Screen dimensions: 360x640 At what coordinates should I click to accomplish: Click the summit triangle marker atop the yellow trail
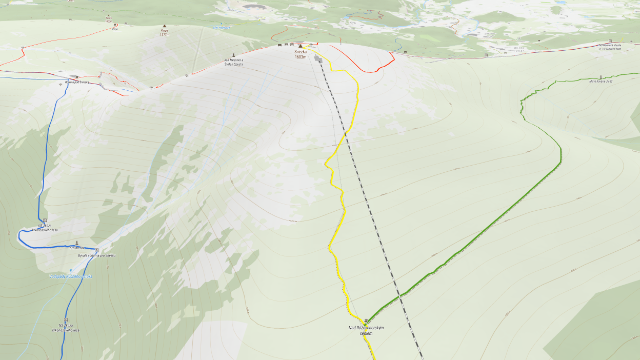(x=300, y=46)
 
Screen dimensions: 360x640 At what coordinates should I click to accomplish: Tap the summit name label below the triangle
(x=300, y=55)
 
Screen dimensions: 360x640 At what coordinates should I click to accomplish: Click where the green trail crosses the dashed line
(x=398, y=297)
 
